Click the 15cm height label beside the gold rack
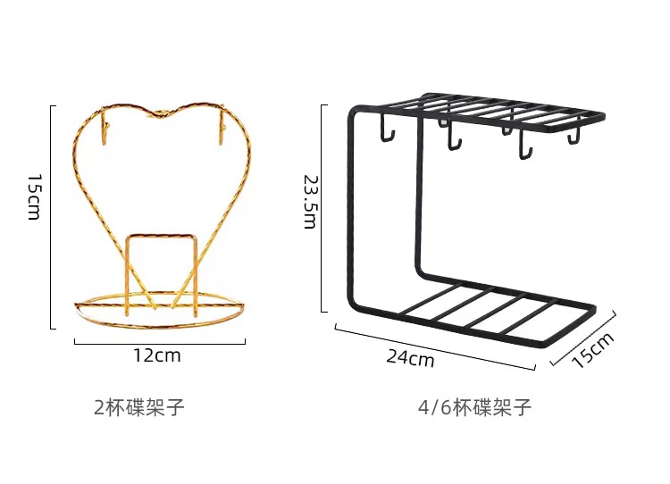click(34, 197)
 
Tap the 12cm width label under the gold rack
click(156, 355)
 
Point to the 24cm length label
click(410, 358)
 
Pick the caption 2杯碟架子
click(139, 408)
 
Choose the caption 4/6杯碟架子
click(474, 408)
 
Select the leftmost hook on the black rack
click(388, 131)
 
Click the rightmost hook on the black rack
click(573, 136)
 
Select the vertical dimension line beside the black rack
click(322, 207)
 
